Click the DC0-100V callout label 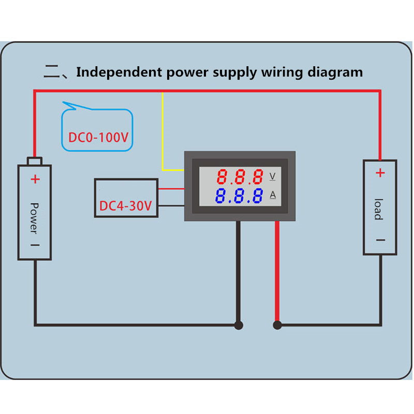[x=98, y=138]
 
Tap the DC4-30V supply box [x=126, y=198]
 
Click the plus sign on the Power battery [x=35, y=180]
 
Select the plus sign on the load [x=380, y=173]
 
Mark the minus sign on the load [x=380, y=240]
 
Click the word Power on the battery [x=34, y=217]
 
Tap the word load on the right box [x=379, y=209]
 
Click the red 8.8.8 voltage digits [x=240, y=178]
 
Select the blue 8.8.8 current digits [x=240, y=196]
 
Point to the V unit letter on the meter [x=273, y=176]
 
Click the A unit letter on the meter [x=273, y=195]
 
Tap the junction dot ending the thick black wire [x=239, y=325]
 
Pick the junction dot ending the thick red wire [x=277, y=325]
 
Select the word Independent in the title [x=120, y=72]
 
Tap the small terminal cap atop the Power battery [x=35, y=161]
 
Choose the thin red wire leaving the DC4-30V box [x=171, y=189]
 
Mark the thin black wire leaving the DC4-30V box [x=171, y=205]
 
